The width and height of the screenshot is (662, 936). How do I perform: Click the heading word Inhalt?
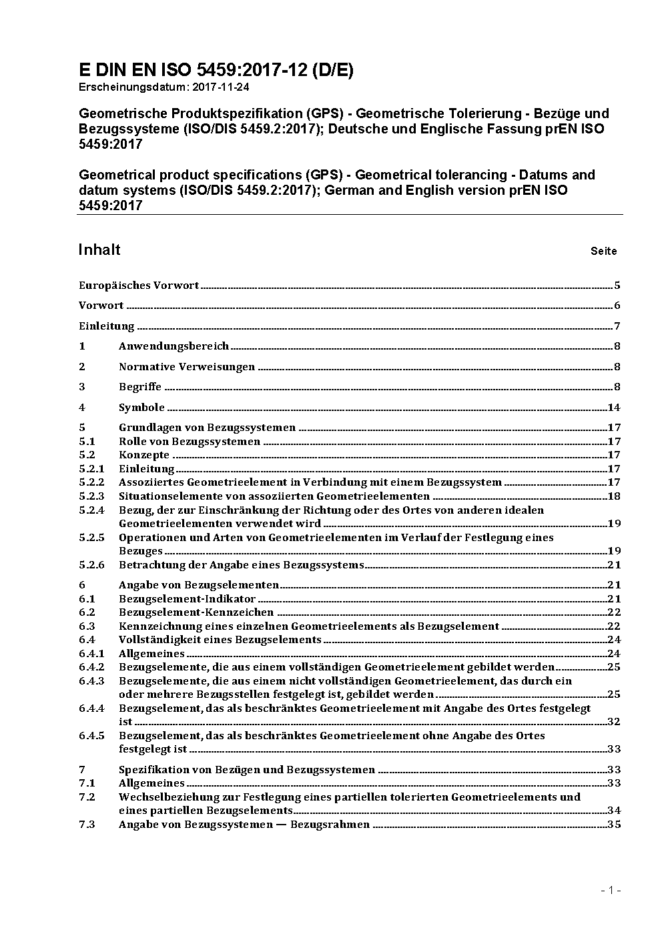tap(99, 250)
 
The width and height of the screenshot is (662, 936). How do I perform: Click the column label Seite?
tap(603, 252)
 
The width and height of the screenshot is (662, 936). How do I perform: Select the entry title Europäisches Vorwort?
tap(139, 286)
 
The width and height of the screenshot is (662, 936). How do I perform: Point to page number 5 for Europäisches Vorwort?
tap(617, 286)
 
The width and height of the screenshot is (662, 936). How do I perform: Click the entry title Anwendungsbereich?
tap(174, 346)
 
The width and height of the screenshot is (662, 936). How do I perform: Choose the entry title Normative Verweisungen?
tap(187, 366)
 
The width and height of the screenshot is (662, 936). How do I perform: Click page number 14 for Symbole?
tap(614, 408)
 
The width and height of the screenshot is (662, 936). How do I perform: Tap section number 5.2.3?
tap(91, 496)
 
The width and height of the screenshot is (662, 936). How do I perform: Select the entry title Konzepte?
tap(144, 455)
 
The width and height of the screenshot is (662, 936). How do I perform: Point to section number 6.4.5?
tap(91, 735)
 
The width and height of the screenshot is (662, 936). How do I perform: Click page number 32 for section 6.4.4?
tap(614, 722)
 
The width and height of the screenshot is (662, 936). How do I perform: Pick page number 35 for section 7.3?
tap(614, 824)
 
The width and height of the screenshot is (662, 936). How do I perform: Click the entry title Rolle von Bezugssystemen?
tap(190, 441)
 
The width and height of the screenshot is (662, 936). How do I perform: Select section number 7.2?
tap(87, 797)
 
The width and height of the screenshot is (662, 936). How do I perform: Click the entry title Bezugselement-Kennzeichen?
tap(196, 612)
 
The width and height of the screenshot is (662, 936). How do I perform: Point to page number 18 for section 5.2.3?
tap(614, 496)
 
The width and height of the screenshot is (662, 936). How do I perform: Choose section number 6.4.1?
tap(91, 653)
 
